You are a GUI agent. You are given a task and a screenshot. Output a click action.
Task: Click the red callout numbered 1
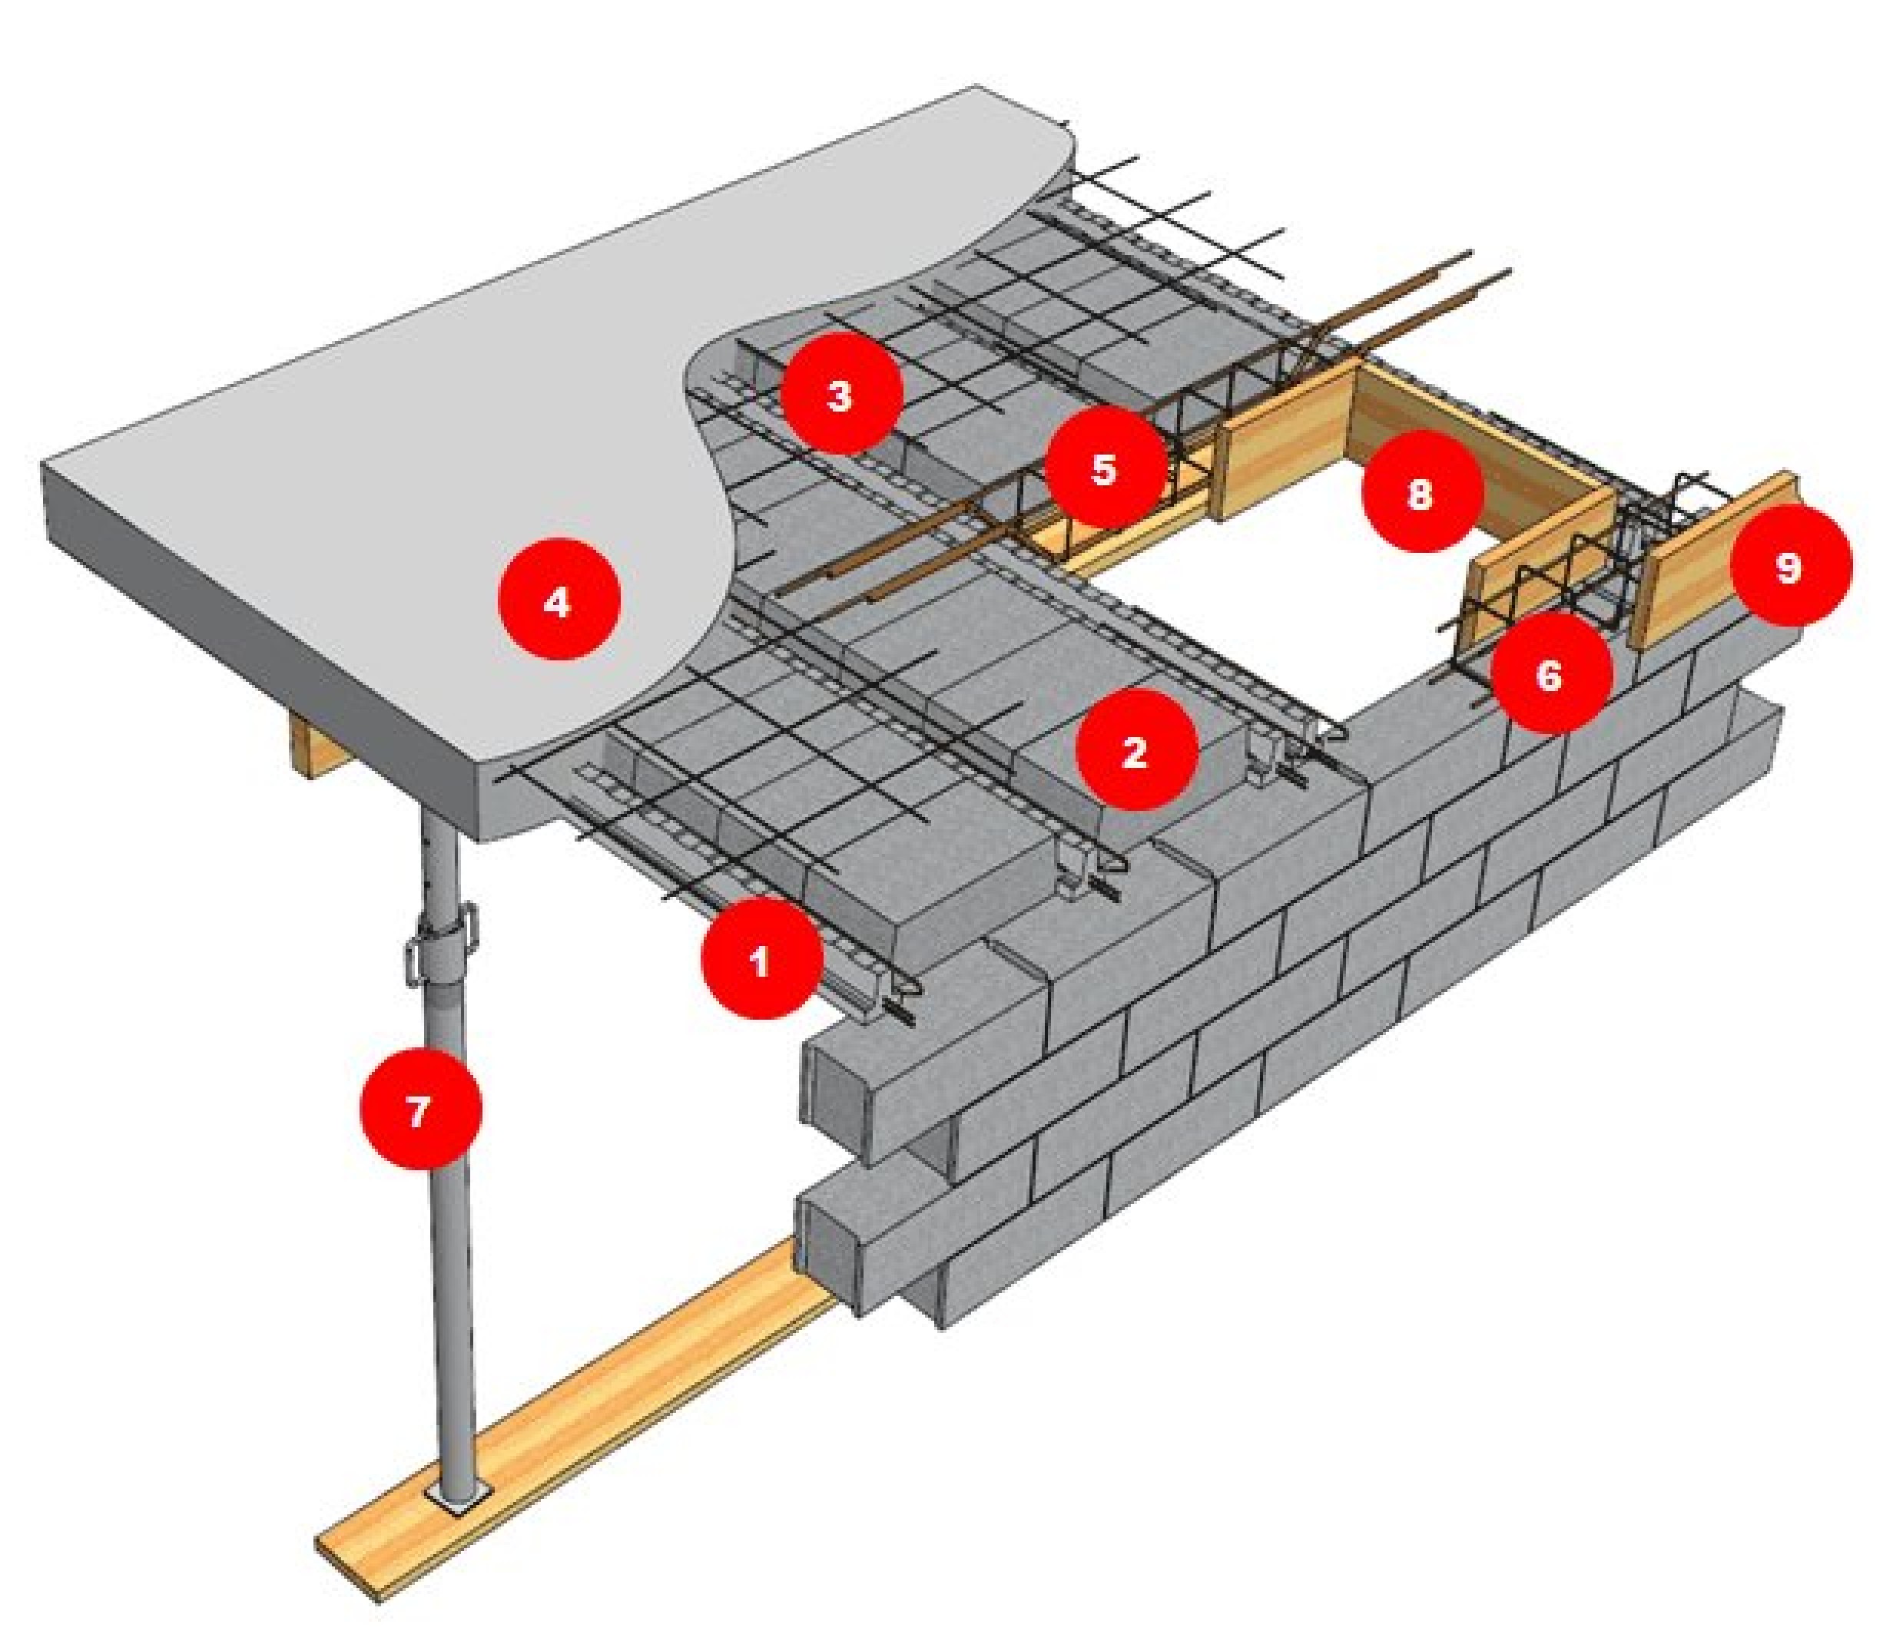(x=761, y=959)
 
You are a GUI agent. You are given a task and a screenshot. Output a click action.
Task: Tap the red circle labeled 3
(x=841, y=394)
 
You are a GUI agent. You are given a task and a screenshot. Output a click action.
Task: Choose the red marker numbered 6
(x=1550, y=674)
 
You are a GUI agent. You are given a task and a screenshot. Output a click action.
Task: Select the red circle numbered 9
(x=1790, y=565)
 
